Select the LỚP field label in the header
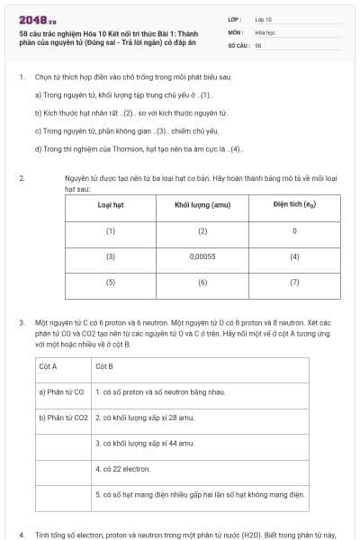(x=235, y=18)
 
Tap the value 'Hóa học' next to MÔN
(x=265, y=31)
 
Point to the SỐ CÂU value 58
(x=258, y=44)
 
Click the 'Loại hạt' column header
(x=111, y=205)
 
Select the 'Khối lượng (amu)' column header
(x=202, y=205)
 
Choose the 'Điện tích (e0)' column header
(x=293, y=205)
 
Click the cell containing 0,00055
(x=202, y=256)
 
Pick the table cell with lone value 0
(x=294, y=231)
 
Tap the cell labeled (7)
(x=294, y=282)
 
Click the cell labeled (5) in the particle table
(x=111, y=282)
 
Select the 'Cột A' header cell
(x=49, y=366)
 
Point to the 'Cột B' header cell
(x=103, y=366)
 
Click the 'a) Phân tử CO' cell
(x=61, y=392)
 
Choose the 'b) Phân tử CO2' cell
(x=63, y=418)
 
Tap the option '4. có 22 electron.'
(x=122, y=469)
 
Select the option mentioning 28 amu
(x=143, y=418)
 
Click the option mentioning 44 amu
(x=143, y=444)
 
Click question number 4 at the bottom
(x=22, y=533)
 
